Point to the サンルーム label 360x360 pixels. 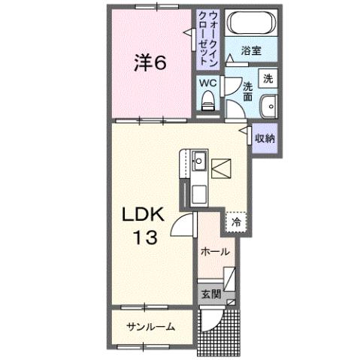150,326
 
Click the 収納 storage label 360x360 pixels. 264,138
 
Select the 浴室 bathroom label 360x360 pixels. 250,51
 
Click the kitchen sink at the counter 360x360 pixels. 199,159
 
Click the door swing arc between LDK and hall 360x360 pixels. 183,223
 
